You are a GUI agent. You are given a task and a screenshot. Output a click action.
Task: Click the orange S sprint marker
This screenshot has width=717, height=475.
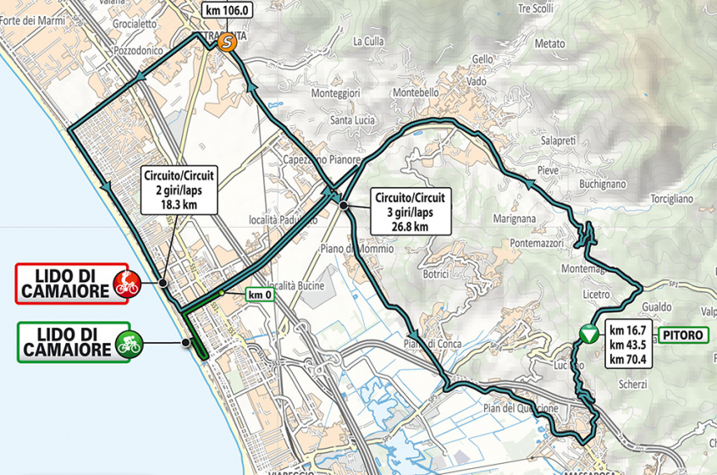(x=226, y=42)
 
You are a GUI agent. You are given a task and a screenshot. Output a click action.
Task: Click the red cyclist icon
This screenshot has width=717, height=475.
(x=128, y=284)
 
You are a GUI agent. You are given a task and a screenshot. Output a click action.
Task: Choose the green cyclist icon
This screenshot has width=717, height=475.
(x=130, y=343)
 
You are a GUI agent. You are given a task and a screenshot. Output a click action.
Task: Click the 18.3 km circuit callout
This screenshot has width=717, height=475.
(x=179, y=189)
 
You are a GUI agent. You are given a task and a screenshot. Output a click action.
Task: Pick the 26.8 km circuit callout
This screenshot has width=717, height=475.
(x=410, y=211)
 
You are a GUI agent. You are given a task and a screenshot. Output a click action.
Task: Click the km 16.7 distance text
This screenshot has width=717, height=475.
(x=628, y=329)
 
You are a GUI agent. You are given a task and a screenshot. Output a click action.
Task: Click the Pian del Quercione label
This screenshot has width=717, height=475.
(x=521, y=408)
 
